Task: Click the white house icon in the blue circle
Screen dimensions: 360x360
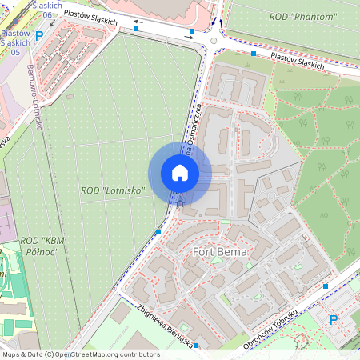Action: pos(180,173)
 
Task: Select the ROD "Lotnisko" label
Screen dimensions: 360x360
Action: pos(113,190)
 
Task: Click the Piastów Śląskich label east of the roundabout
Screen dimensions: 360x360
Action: pos(298,60)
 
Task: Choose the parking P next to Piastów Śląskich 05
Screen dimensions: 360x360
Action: pos(39,35)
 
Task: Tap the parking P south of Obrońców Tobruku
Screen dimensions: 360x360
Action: pos(334,319)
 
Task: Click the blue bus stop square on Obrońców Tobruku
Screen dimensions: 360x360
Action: pos(326,286)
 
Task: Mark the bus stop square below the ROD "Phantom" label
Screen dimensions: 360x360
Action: pos(254,54)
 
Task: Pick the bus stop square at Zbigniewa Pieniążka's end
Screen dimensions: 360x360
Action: pos(197,346)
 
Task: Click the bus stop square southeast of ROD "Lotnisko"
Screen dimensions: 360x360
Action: pos(158,231)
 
